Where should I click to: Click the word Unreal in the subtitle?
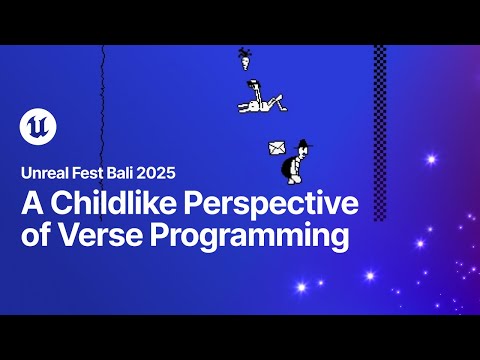(x=46, y=173)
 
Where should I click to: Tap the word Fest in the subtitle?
(x=95, y=173)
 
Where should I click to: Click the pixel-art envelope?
(x=277, y=149)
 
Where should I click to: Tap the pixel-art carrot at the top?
(x=243, y=57)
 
